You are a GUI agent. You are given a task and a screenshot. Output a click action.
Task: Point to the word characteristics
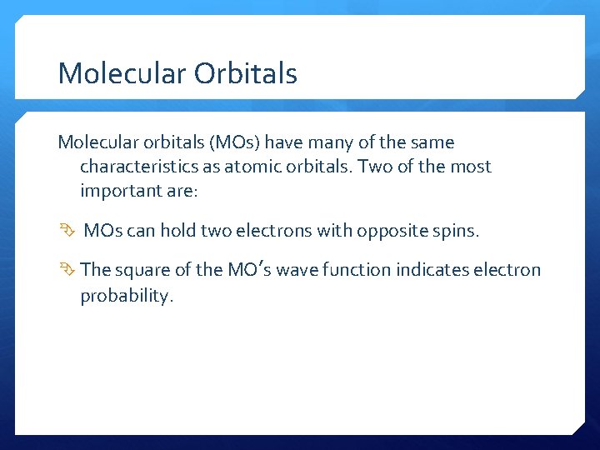(137, 167)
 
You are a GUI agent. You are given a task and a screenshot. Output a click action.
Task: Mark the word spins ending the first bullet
(456, 231)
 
